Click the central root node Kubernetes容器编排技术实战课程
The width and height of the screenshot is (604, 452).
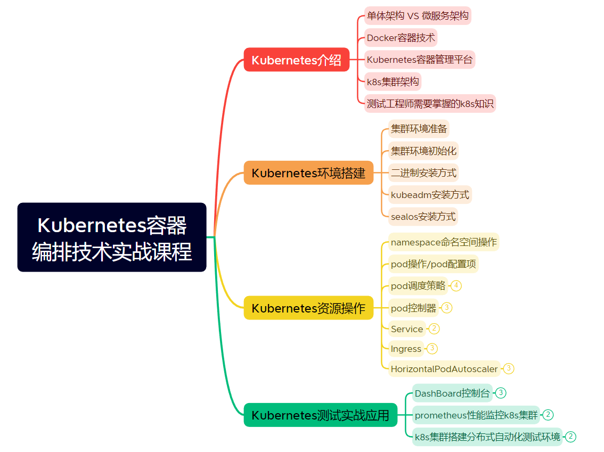pyautogui.click(x=112, y=237)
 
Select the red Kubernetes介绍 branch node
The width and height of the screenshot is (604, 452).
pyautogui.click(x=296, y=60)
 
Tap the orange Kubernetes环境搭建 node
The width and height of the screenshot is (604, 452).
pyautogui.click(x=308, y=173)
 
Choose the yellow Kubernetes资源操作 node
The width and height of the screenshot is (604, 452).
pyautogui.click(x=308, y=308)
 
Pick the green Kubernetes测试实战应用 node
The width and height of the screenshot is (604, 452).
pyautogui.click(x=320, y=415)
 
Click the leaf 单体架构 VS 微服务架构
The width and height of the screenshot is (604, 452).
pyautogui.click(x=418, y=16)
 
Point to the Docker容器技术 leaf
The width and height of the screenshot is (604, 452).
pyautogui.click(x=401, y=38)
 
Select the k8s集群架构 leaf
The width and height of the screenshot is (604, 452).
pyautogui.click(x=393, y=82)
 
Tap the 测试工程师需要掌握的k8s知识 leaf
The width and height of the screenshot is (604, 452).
pyautogui.click(x=430, y=103)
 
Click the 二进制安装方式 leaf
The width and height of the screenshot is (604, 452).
pyautogui.click(x=423, y=173)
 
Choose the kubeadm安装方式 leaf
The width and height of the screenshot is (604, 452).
pyautogui.click(x=430, y=195)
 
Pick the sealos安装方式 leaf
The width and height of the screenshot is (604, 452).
pyautogui.click(x=423, y=217)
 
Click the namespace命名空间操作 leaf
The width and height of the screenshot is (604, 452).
pyautogui.click(x=444, y=242)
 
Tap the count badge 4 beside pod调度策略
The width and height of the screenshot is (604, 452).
pyautogui.click(x=456, y=286)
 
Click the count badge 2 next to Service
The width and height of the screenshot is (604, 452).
pyautogui.click(x=434, y=328)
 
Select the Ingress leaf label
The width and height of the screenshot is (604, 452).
pyautogui.click(x=406, y=349)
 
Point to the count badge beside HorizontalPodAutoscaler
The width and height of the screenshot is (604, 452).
pyautogui.click(x=509, y=368)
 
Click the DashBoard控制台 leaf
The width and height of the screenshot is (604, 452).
pyautogui.click(x=452, y=393)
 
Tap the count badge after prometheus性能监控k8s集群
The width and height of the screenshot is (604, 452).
pyautogui.click(x=548, y=415)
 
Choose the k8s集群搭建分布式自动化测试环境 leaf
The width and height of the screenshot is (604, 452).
pyautogui.click(x=487, y=437)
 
